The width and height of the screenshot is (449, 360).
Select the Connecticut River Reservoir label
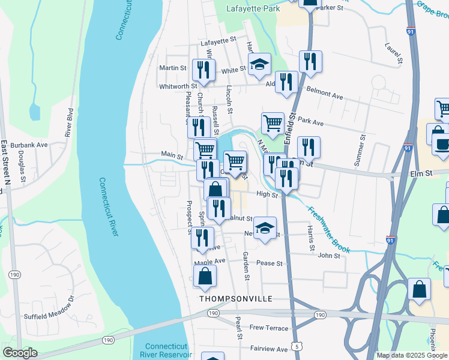pos(168,351)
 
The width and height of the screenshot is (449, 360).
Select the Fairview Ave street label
pos(269,349)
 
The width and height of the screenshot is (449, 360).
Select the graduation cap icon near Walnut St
pos(265,227)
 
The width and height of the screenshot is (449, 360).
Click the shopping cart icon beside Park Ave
pos(273,123)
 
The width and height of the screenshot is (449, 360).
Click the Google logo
pos(20,353)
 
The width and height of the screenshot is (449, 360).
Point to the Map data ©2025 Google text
pos(412,355)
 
